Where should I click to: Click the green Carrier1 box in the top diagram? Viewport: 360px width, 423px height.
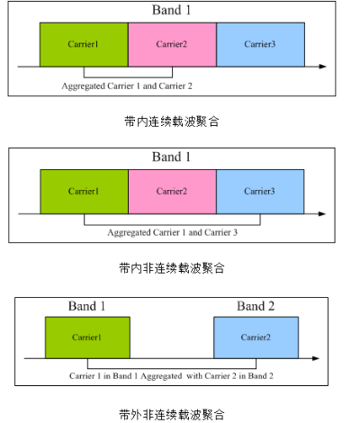point(84,44)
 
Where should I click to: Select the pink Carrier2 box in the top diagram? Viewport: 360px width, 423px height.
point(172,44)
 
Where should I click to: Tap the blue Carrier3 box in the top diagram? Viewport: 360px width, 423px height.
point(260,44)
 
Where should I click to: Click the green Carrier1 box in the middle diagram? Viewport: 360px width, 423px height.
point(85,192)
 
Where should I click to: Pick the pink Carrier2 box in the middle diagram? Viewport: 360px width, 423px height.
point(172,192)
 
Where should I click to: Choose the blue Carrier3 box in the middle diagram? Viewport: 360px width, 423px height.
point(260,192)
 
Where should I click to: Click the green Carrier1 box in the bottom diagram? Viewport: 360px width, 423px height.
point(87,337)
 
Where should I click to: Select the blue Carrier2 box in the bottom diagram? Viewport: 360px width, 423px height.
point(256,337)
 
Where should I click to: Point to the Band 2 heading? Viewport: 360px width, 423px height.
point(256,306)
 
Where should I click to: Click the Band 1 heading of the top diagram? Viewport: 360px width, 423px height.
point(171,10)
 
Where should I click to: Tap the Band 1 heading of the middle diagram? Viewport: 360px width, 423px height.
point(171,157)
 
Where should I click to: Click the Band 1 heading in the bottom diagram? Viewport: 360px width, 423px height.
point(86,306)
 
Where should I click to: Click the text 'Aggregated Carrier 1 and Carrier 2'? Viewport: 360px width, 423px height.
point(127,86)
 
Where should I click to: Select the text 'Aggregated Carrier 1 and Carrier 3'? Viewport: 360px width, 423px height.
point(173,232)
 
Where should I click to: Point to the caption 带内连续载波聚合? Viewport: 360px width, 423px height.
point(172,121)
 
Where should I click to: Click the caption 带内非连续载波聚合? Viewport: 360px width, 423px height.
point(172,268)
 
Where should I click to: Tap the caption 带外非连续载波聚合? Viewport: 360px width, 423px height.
point(172,415)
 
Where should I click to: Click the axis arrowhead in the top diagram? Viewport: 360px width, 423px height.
point(323,67)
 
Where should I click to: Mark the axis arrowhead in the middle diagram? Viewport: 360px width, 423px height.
point(322,213)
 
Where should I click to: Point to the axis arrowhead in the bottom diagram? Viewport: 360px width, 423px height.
point(316,358)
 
